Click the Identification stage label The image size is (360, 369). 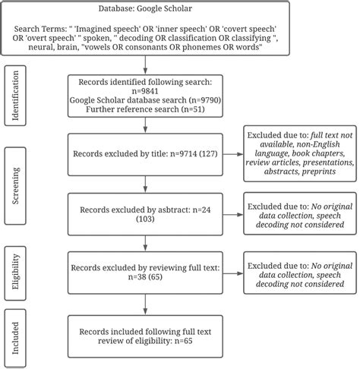click(14, 97)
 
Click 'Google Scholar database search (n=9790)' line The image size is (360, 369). click(144, 100)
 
